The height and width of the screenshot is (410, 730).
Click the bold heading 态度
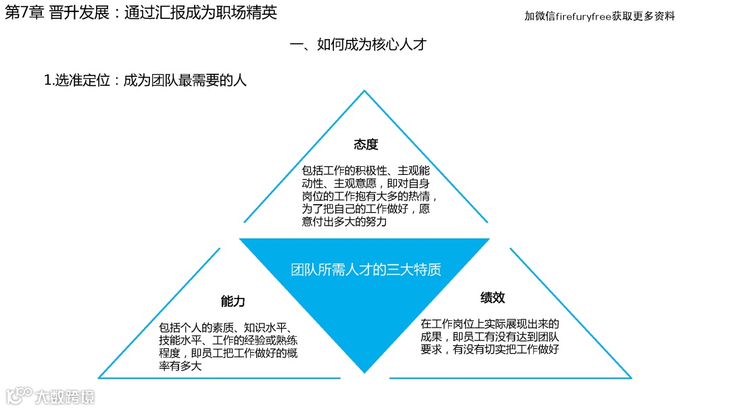pos(366,145)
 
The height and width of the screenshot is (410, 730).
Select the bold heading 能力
pos(233,301)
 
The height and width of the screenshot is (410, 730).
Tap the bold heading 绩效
pos(493,298)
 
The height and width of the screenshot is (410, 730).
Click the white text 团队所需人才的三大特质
pos(366,270)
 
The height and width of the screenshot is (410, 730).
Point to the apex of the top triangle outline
pos(364,91)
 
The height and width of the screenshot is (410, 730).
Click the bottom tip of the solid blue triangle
pos(364,372)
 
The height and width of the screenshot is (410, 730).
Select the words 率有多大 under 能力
pos(180,367)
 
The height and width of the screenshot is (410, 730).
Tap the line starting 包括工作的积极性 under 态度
pos(366,171)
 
